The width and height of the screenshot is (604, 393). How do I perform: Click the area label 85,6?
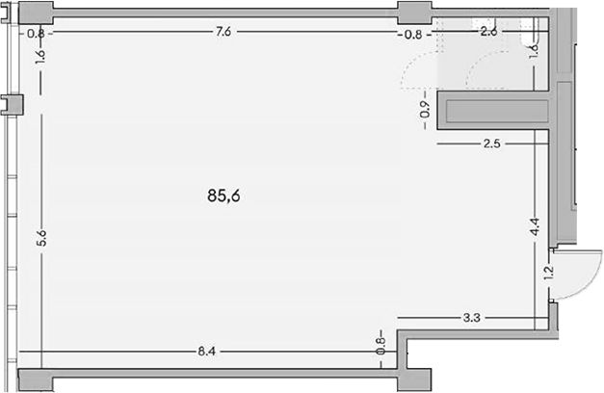click(223, 196)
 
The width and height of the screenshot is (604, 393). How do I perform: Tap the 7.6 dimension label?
click(223, 31)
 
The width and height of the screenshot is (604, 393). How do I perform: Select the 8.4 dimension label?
click(206, 352)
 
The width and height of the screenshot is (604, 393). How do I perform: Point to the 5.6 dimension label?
click(41, 238)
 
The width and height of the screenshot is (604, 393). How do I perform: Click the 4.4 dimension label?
click(535, 226)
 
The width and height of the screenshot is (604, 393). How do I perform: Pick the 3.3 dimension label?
click(471, 318)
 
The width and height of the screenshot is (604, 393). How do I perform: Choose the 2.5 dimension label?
click(492, 144)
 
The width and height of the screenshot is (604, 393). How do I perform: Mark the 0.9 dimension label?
click(425, 110)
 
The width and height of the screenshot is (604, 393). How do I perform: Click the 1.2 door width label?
click(548, 273)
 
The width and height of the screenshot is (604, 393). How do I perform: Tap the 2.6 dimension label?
click(488, 31)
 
